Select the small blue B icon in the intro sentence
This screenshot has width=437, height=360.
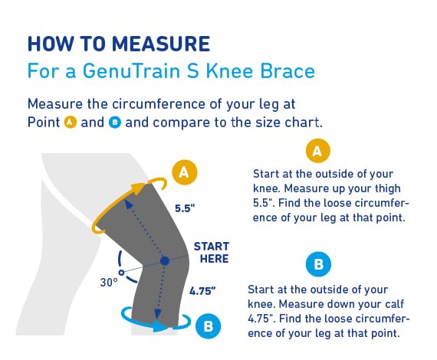coord(113,123)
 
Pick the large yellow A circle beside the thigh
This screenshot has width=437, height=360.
coord(183,172)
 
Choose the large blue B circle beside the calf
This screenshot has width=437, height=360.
coord(207,326)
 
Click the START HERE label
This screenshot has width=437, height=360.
coord(211,252)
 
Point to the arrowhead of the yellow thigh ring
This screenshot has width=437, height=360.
coord(139,185)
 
